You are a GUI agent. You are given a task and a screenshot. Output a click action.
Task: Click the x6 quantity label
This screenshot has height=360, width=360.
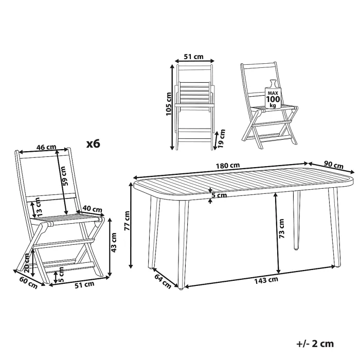(93, 144)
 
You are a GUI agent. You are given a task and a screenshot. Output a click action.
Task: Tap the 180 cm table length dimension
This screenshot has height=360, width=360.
(228, 165)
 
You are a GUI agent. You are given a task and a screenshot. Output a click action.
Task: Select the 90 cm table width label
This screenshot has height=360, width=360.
(334, 165)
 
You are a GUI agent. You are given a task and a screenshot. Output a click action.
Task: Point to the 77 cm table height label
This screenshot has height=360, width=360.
(127, 221)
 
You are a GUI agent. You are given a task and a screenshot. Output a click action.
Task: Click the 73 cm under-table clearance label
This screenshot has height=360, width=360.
(281, 228)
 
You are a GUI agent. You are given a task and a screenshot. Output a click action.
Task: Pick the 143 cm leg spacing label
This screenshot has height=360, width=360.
(266, 280)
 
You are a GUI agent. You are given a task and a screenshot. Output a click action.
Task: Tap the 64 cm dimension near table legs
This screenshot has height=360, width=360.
(163, 281)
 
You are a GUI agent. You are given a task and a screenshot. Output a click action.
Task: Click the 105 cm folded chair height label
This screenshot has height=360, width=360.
(169, 104)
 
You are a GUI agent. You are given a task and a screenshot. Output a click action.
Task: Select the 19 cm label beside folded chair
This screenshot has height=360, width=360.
(221, 138)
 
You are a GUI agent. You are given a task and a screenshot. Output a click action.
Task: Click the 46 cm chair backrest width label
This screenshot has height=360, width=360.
(46, 147)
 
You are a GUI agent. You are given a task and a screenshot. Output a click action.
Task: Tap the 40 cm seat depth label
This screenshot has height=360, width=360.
(92, 209)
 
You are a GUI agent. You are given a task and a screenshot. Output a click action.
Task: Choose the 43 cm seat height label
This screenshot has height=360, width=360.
(114, 242)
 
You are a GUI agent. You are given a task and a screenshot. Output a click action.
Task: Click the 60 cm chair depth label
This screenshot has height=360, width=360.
(28, 282)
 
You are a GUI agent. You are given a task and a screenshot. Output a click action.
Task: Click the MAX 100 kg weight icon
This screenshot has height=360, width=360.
(273, 94)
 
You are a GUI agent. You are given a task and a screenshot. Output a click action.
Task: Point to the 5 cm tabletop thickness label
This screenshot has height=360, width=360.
(219, 195)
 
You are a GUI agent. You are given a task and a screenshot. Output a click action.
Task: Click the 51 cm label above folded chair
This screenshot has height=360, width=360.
(193, 57)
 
